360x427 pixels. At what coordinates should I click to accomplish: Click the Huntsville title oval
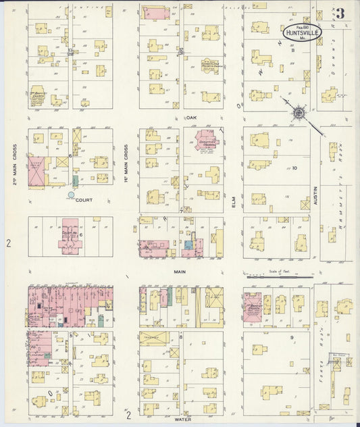click(x=301, y=31)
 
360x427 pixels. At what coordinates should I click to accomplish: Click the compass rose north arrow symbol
click(x=297, y=113)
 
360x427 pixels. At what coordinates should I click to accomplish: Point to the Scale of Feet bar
click(x=280, y=276)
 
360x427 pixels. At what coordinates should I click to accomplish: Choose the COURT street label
click(x=84, y=200)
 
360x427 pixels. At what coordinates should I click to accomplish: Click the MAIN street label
click(x=180, y=272)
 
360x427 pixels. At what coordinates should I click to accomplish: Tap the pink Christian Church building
click(x=206, y=141)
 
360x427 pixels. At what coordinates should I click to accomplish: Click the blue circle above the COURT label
click(x=71, y=195)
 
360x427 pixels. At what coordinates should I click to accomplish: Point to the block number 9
click(x=291, y=336)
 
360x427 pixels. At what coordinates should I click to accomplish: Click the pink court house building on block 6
click(x=70, y=238)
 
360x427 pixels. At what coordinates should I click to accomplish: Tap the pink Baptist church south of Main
click(x=252, y=305)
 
